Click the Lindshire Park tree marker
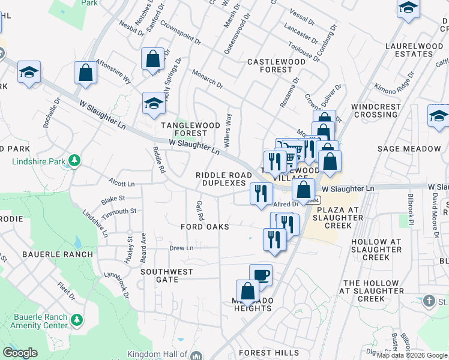point(74,161)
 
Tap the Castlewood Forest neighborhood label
point(270,65)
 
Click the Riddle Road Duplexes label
point(220,179)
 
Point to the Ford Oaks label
point(205,227)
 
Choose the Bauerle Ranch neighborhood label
point(58,254)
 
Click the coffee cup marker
point(261,275)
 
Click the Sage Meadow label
point(409,149)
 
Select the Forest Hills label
point(268,353)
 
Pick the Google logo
point(20,353)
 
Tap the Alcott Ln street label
point(121,182)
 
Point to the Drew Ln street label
point(181,248)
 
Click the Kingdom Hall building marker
point(196,356)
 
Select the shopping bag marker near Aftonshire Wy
point(86,73)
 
